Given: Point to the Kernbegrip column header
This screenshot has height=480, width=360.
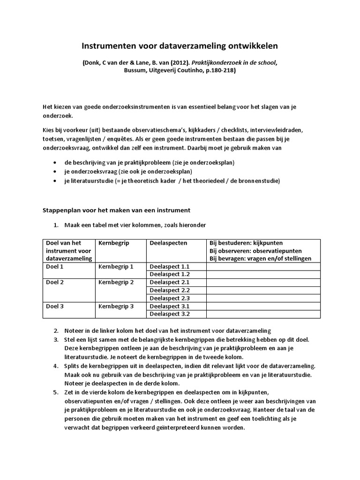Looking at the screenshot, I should [x=114, y=243].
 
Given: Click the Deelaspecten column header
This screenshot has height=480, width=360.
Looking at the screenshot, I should [x=168, y=243].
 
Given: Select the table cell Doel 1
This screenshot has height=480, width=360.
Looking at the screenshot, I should [x=55, y=266].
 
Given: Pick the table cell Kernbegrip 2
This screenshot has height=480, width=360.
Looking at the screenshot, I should [x=116, y=282].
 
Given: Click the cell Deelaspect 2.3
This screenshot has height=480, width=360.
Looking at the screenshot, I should [x=169, y=298].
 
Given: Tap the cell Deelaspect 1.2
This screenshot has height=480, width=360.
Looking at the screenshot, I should [x=169, y=274].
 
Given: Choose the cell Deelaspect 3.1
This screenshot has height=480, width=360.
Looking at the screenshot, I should [x=169, y=306].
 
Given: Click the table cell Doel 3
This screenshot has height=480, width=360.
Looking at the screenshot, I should [x=55, y=306].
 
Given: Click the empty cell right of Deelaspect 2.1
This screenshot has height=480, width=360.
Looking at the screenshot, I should [x=263, y=282].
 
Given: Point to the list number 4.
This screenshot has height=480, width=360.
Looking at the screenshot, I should [x=55, y=366].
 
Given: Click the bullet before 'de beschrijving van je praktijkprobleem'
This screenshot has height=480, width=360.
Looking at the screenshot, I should [x=55, y=162].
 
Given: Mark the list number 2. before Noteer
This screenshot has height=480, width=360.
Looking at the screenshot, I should [x=55, y=330].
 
